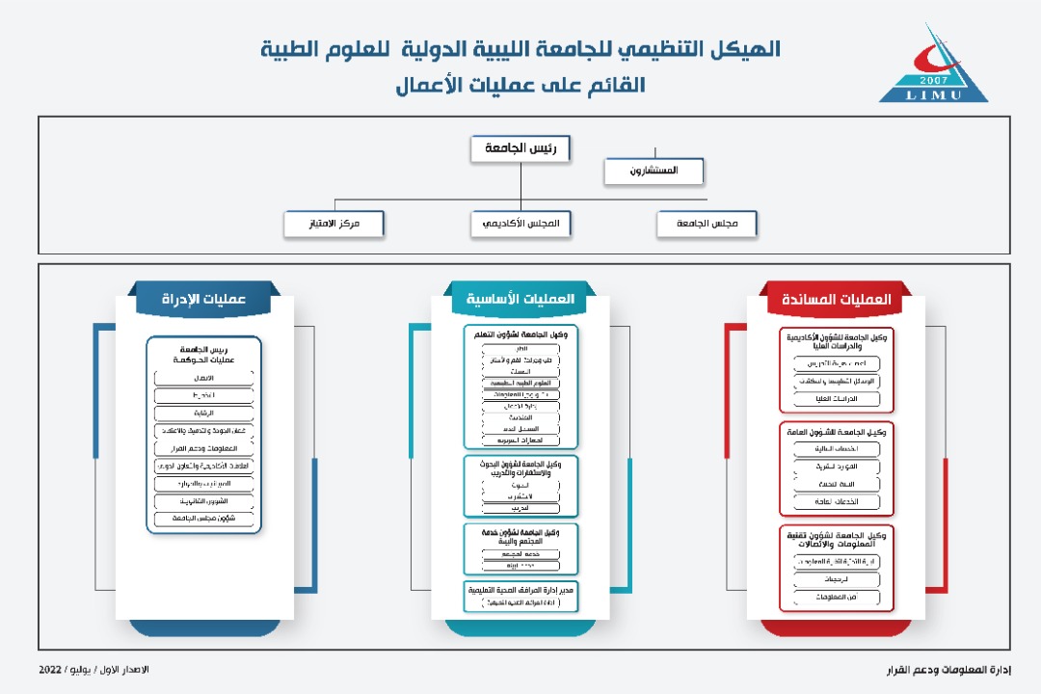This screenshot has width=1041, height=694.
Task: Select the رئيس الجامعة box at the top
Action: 520,148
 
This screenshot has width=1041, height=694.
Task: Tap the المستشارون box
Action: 654,171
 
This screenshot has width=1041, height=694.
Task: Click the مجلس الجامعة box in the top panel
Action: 707,224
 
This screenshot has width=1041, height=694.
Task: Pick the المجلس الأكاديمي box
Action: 521,224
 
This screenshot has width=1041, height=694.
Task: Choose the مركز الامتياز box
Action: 334,224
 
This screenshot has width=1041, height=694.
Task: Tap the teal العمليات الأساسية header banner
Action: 520,300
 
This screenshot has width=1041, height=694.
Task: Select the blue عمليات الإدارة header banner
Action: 203,300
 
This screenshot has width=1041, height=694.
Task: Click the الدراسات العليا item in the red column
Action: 836,398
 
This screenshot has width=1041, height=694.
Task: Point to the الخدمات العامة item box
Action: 836,501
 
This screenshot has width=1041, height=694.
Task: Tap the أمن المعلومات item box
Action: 836,598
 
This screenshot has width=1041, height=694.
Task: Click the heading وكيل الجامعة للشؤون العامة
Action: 836,432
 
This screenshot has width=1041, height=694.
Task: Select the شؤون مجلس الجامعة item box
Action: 203,519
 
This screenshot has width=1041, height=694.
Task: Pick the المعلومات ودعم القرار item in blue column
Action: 203,448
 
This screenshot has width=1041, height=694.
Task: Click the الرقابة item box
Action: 203,413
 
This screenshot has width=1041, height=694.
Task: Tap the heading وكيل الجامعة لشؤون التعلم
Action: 520,334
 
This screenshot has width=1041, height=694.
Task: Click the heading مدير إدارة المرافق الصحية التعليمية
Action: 520,588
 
